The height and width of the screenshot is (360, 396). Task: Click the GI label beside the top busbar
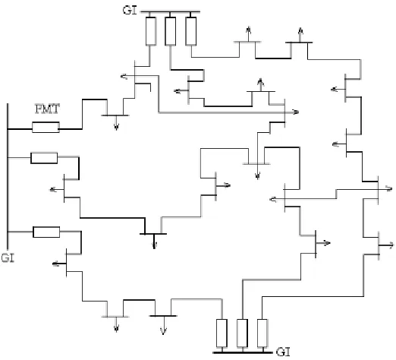coord(130,10)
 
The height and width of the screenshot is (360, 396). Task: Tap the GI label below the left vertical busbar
coord(8,257)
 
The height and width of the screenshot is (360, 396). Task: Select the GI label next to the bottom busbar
coord(283,352)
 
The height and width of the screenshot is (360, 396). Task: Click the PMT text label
coord(47,109)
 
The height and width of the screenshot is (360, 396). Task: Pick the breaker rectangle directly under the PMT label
coord(46,128)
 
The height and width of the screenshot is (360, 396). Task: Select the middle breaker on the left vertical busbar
coord(44,158)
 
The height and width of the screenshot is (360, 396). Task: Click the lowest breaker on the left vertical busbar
coord(46,232)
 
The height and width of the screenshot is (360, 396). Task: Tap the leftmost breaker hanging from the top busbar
coord(151,31)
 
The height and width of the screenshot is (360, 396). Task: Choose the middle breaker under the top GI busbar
coord(171,31)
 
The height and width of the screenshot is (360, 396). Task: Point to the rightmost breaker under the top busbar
coord(191,31)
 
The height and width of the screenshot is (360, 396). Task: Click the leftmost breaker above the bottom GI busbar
coord(222,333)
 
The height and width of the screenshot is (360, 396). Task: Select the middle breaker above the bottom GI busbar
coord(242,333)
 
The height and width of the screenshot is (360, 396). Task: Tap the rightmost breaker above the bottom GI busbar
coord(262,333)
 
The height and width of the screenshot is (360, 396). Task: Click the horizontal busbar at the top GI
coord(170,11)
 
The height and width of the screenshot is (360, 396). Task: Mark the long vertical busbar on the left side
coord(8,176)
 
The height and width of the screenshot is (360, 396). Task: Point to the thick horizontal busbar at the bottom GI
coord(243,352)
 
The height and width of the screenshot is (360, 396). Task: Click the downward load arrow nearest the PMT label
coord(116,123)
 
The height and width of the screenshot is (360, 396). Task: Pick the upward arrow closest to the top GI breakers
coord(249,33)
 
